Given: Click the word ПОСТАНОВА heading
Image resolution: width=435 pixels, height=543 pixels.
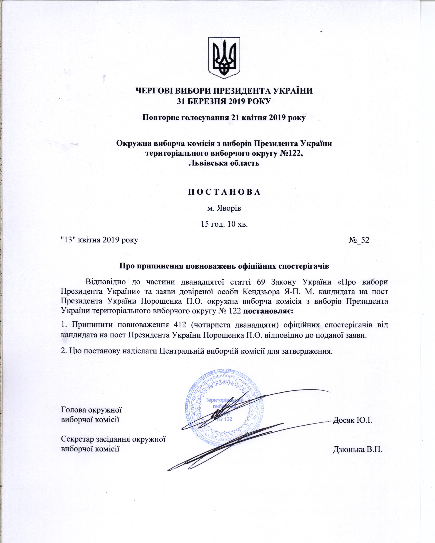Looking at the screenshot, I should pyautogui.click(x=224, y=192).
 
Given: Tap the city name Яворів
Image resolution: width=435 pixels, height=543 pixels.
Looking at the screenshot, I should pyautogui.click(x=224, y=209).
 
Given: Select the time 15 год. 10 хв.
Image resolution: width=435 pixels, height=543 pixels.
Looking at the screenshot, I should pyautogui.click(x=224, y=224).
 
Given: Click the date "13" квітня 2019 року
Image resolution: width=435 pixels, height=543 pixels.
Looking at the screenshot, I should pyautogui.click(x=100, y=240).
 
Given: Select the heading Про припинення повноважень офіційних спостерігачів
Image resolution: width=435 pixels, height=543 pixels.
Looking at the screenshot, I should pyautogui.click(x=224, y=266).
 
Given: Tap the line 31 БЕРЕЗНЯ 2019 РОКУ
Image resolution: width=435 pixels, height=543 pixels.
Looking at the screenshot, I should pyautogui.click(x=224, y=101).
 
